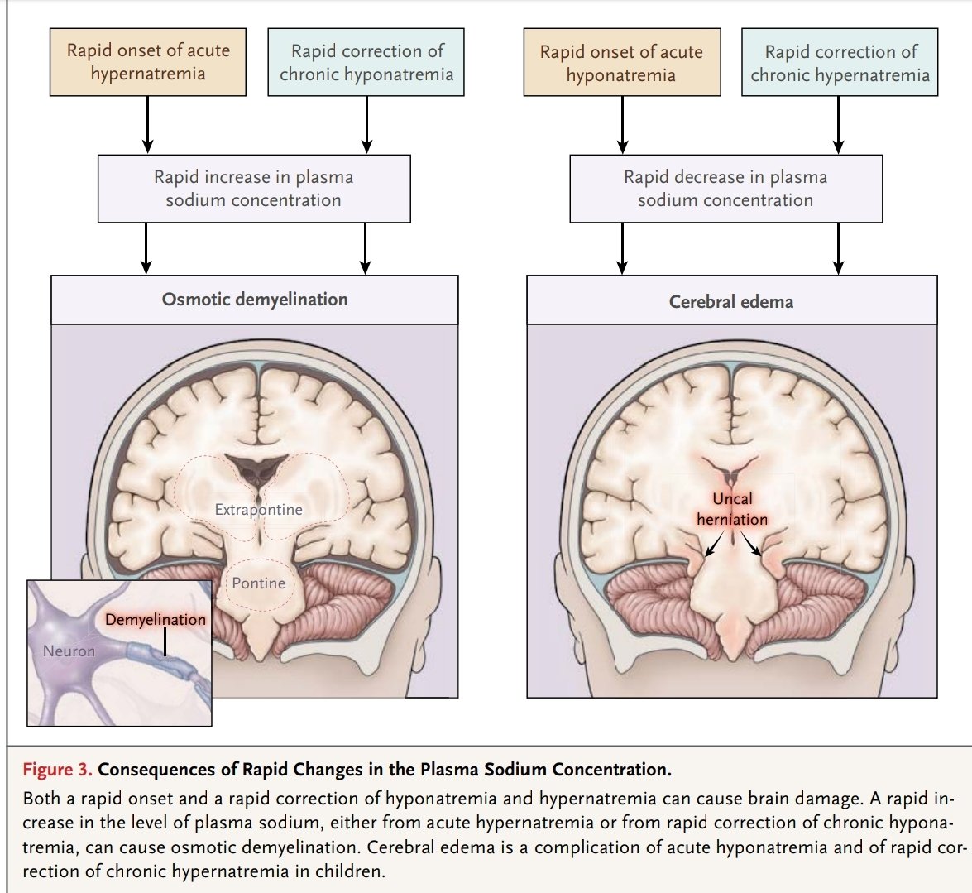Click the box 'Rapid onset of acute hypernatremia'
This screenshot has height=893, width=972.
coord(148,62)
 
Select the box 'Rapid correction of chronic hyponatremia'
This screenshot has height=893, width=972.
coord(366,62)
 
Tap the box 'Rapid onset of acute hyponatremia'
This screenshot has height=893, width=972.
coord(621,63)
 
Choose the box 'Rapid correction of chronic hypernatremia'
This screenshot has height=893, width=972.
coord(840,63)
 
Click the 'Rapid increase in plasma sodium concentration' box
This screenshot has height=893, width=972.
coord(254,188)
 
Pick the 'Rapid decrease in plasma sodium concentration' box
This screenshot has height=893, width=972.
coord(725,188)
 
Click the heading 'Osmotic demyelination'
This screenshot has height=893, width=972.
coord(255,299)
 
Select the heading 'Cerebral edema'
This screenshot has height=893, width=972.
coord(731,301)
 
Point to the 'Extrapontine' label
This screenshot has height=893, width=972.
coord(258,510)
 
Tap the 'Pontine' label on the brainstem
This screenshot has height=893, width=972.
coord(259,583)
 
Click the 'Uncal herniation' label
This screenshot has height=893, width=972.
coord(732,509)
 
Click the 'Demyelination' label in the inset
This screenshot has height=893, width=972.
coord(156,619)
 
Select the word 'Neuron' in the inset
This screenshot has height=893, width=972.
coord(69,651)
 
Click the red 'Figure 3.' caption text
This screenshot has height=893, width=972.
coord(57,770)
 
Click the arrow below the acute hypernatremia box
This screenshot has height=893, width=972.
coord(148,123)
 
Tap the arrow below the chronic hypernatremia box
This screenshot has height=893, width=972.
coord(839,123)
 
